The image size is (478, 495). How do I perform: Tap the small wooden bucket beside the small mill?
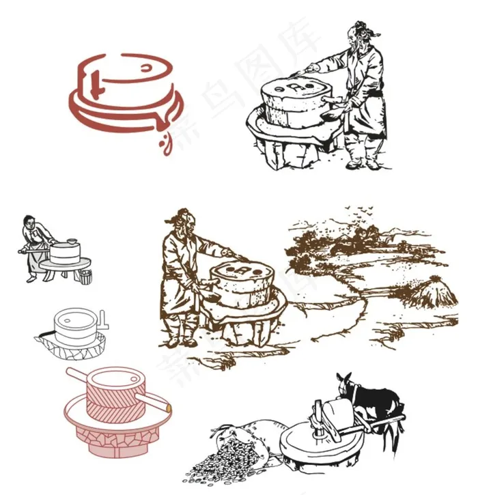85,276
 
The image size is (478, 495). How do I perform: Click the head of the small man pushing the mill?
29,222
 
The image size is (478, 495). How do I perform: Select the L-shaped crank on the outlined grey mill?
103,319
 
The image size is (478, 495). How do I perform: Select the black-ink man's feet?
363,164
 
